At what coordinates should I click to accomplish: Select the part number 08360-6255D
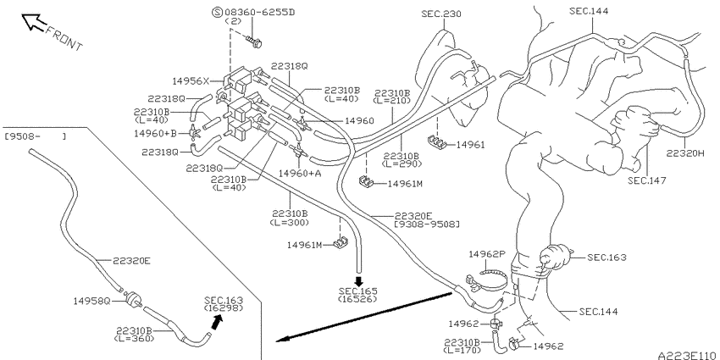click(x=259, y=12)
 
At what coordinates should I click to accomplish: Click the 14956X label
click(x=191, y=81)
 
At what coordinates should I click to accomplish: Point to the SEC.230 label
click(x=441, y=14)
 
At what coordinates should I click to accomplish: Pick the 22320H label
click(x=685, y=154)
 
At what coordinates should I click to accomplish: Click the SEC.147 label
click(x=647, y=180)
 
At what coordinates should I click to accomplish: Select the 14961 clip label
click(x=471, y=145)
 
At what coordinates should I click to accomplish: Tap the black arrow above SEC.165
click(x=358, y=281)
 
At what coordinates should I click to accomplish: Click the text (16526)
click(x=357, y=299)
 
